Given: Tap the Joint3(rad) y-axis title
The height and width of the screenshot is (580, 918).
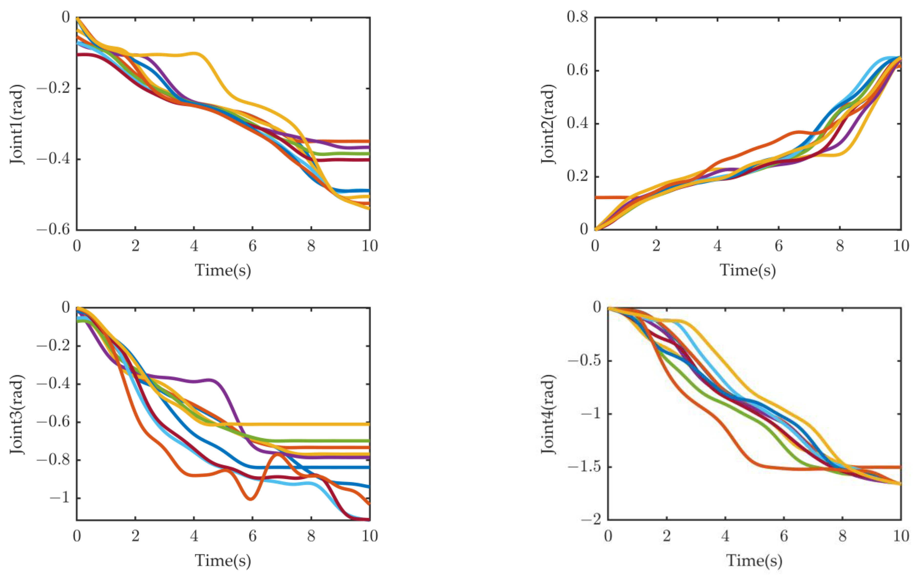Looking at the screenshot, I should point(17,414).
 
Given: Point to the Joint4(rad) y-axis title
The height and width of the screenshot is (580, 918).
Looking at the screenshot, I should point(548,414).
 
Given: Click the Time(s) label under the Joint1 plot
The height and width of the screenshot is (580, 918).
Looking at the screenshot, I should point(223,270).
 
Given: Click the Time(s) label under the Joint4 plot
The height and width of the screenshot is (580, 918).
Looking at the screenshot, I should point(754,560).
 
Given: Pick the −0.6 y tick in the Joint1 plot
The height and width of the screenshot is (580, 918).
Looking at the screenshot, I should point(53,230).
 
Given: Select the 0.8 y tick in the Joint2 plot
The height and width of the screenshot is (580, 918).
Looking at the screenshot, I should point(577,17).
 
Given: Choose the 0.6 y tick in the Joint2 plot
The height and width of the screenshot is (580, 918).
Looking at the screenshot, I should point(577,70).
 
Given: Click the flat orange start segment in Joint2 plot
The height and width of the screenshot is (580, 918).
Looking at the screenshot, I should point(610,197).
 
